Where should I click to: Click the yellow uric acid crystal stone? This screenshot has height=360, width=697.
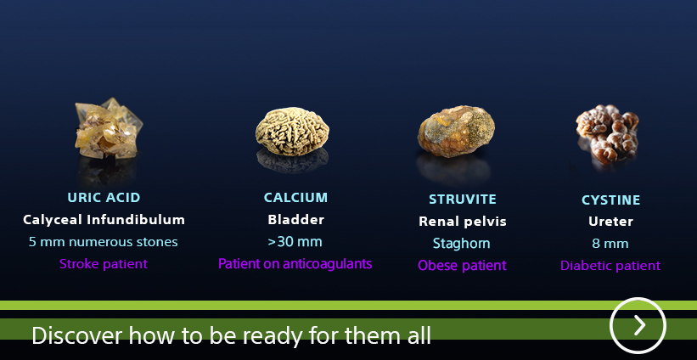coord(108,128)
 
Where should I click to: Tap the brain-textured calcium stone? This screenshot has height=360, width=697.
coord(292,132)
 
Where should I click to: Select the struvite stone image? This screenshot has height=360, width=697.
coord(456,132)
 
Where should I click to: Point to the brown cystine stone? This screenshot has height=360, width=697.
coord(608,134)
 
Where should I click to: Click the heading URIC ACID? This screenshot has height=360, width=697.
coord(104,197)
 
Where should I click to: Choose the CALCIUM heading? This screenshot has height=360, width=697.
coord(295,197)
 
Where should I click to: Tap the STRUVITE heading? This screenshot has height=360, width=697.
coord(463,200)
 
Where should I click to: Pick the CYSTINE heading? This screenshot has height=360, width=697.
coord(610,200)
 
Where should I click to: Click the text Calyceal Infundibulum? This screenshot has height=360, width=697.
coord(104,220)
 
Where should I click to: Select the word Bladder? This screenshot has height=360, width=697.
coord(295,220)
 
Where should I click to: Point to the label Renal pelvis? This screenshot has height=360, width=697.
coord(463,222)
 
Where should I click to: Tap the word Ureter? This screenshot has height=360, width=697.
coord(610,222)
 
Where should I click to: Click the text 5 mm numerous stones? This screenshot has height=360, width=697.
coord(103,242)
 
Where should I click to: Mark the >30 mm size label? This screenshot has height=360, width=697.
coord(295,242)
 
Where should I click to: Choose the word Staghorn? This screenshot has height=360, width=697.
coord(461,244)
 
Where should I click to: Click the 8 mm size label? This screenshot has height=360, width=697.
coord(610,244)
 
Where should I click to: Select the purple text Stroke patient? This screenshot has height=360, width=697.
coord(103,264)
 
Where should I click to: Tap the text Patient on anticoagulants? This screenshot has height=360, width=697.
coord(295,264)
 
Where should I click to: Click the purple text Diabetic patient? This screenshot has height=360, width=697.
coord(610,266)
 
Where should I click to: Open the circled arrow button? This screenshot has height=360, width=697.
coord(638,326)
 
